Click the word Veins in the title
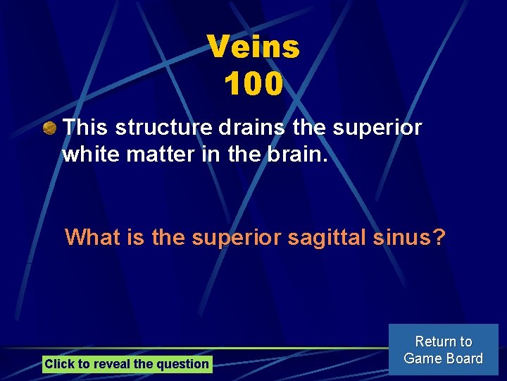(x=254, y=48)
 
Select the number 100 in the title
(x=254, y=85)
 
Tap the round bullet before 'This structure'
(x=49, y=128)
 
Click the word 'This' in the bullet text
(x=86, y=128)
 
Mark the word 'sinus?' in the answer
(x=410, y=237)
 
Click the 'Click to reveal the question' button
(x=127, y=364)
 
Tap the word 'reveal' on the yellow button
(x=111, y=364)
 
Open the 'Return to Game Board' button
(x=444, y=350)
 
